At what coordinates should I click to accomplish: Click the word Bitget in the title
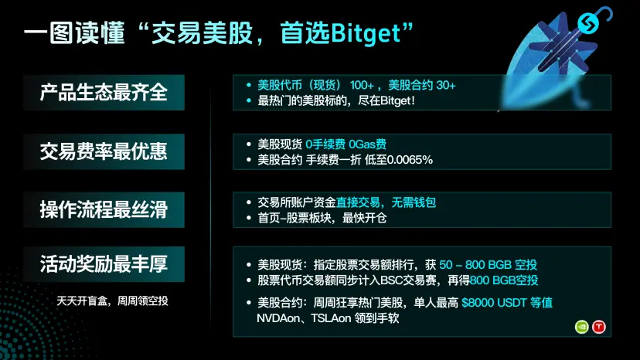pos(366,33)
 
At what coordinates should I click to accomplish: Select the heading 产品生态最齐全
pos(104,92)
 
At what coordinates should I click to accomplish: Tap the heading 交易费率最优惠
pos(104,151)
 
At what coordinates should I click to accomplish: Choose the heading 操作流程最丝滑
pos(104,209)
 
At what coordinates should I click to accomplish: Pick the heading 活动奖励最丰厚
pos(104,263)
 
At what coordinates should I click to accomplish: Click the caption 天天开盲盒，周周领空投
pos(112,301)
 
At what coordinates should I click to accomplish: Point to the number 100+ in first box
pos(362,85)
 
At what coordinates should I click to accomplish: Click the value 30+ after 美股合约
pos(446,85)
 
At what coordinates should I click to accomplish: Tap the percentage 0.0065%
pos(410,160)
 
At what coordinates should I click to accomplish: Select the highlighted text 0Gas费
pos(367,144)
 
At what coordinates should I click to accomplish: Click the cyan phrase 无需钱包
pos(414,202)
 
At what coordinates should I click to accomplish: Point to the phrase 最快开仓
pos(364,218)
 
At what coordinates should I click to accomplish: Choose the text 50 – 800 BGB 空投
pos(488,265)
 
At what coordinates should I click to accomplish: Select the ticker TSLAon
pos(331,318)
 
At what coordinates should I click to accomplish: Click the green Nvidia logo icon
pos(581,327)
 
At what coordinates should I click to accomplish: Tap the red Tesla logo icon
pos(599,327)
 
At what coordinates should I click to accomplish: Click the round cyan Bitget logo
pos(588,23)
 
